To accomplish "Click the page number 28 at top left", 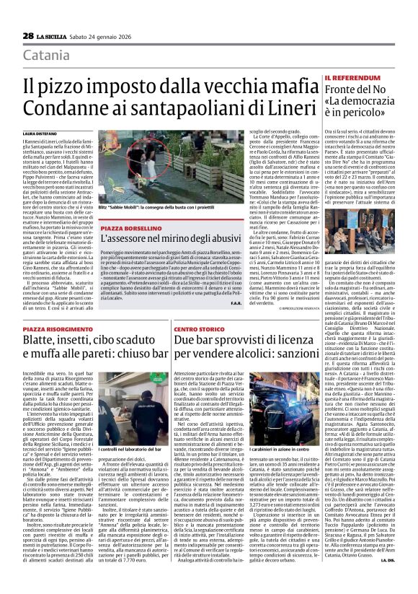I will coord(28,35).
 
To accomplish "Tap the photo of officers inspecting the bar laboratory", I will coord(134,409).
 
